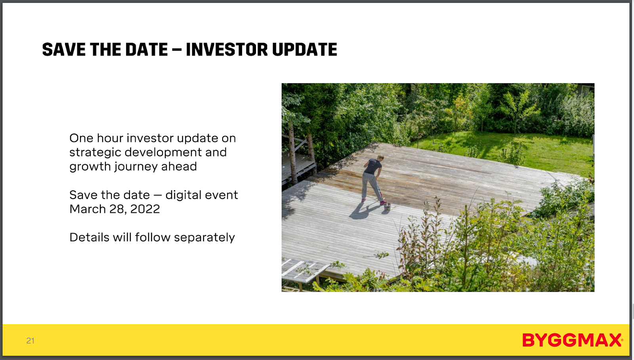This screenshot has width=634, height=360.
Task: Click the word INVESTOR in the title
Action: (x=226, y=50)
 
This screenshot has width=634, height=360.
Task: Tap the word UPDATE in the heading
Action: (x=305, y=50)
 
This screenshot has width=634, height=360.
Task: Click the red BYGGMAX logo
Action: (x=572, y=340)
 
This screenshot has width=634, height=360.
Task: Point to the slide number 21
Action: (x=30, y=341)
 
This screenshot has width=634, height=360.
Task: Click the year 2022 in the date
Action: (x=145, y=209)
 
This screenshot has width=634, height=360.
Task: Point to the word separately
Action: (x=204, y=238)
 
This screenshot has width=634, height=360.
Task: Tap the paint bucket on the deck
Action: (x=387, y=207)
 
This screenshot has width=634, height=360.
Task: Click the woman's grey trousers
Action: (x=371, y=187)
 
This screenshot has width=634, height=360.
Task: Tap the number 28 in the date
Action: (x=118, y=209)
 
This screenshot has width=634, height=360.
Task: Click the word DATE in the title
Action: (x=146, y=50)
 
